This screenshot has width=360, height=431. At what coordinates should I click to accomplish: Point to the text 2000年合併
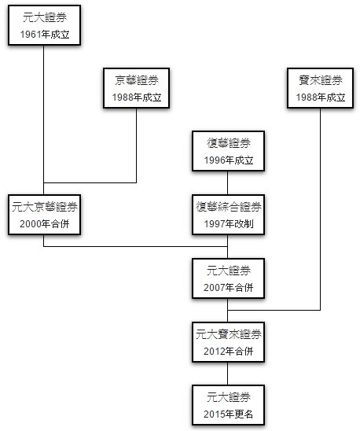tap(44, 223)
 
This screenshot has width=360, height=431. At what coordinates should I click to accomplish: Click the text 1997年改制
tap(229, 223)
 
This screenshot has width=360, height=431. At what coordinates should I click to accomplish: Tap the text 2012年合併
tap(228, 351)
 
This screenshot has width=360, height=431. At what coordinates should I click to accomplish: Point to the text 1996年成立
tap(229, 160)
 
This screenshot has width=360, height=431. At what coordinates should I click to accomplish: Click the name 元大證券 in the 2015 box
tap(229, 397)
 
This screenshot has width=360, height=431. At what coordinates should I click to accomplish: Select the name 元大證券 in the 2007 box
tap(229, 271)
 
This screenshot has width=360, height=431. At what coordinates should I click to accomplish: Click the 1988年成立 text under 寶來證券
tap(321, 97)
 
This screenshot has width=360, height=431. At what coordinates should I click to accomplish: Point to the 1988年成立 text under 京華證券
tap(137, 97)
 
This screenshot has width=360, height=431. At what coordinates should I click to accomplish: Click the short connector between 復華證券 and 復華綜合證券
tap(227, 183)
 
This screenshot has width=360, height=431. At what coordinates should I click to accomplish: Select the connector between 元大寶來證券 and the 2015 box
tap(227, 374)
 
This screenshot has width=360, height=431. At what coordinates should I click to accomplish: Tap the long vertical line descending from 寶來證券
tap(320, 209)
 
